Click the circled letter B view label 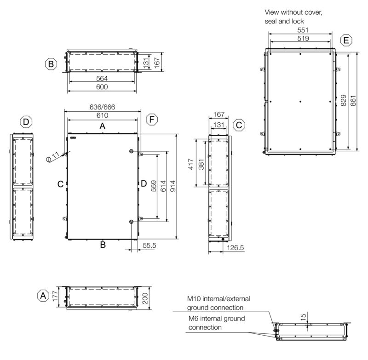(51, 63)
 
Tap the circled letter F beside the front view (152, 120)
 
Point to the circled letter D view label (27, 122)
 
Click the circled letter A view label (43, 295)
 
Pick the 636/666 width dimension (102, 107)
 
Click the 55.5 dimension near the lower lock (149, 246)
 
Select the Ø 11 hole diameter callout (53, 156)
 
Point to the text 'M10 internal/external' (215, 299)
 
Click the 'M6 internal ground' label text (217, 318)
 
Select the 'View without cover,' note (293, 12)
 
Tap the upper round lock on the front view (132, 152)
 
